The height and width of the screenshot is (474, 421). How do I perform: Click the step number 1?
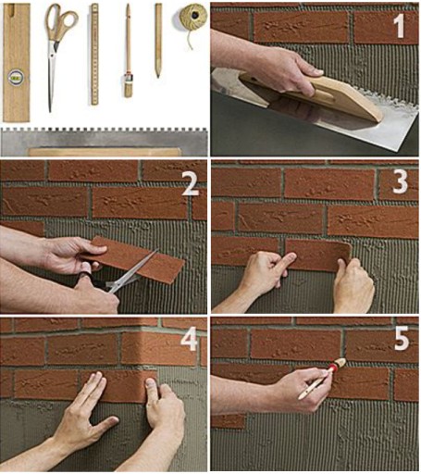[x=400, y=27]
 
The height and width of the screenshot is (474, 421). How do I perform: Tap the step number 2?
[x=191, y=184]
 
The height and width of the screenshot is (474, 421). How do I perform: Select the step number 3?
[x=400, y=181]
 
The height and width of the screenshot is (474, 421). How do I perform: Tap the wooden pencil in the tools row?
[x=158, y=40]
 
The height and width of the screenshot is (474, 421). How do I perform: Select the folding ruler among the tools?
[x=94, y=55]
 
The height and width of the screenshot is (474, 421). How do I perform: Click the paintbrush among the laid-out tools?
[x=128, y=51]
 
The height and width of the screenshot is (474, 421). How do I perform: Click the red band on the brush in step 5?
[x=332, y=368]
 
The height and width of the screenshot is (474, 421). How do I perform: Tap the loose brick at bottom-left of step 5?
[x=229, y=421]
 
